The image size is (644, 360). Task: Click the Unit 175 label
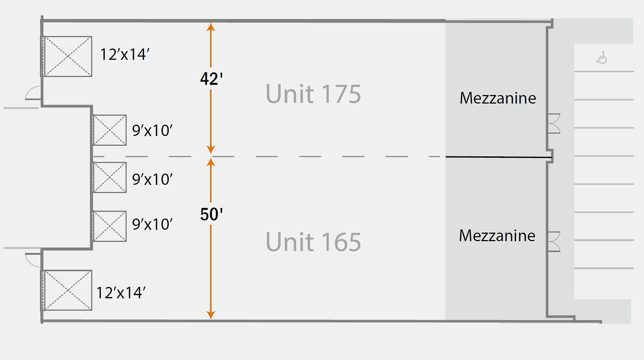tap(313, 94)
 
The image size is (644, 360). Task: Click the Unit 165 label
tap(313, 242)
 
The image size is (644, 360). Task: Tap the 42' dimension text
tap(211, 79)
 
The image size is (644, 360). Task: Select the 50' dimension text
tap(211, 214)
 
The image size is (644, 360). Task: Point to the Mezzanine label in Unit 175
tap(498, 98)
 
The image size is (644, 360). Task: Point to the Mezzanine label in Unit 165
tap(497, 235)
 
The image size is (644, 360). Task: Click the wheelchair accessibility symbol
tap(602, 57)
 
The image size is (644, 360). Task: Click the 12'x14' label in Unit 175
tap(125, 54)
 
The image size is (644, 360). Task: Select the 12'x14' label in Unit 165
tap(121, 293)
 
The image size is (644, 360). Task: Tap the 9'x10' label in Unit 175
tap(152, 131)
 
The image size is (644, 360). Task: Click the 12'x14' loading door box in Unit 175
tap(67, 56)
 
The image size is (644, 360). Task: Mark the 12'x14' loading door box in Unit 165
tap(67, 290)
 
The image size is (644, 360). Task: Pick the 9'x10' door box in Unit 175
tap(109, 130)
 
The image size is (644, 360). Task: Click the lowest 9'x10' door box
tap(109, 226)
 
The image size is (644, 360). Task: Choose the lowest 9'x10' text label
tap(152, 224)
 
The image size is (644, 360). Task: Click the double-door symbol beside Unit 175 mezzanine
tap(554, 124)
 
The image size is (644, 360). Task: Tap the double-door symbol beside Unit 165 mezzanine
tap(554, 242)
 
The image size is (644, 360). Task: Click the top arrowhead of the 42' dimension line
tap(211, 27)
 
